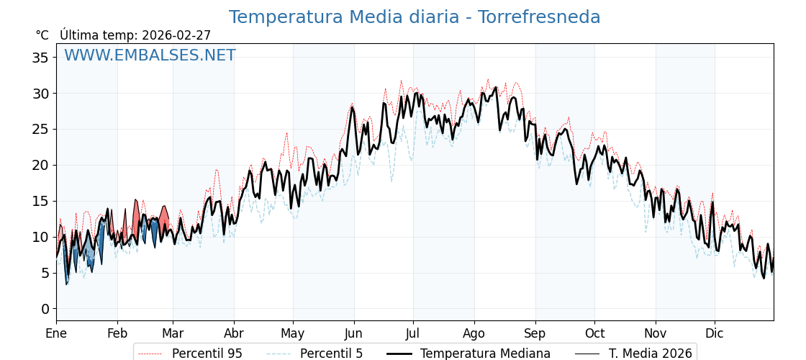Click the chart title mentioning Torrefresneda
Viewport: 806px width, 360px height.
tap(414, 17)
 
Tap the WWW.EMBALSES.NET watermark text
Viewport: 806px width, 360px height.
tap(150, 55)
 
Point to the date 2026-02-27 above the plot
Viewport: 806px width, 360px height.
tap(176, 35)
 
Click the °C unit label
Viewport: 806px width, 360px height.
tap(42, 35)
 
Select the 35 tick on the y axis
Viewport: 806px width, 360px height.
tap(40, 58)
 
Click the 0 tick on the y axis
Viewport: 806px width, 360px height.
tap(45, 309)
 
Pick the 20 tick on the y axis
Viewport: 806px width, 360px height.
tap(40, 165)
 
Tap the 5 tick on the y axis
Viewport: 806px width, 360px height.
tap(45, 273)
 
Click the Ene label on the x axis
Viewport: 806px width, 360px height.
tap(56, 333)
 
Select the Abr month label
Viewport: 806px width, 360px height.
tap(234, 333)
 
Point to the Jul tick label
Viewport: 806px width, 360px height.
tap(413, 333)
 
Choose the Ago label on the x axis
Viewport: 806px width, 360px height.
tap(474, 333)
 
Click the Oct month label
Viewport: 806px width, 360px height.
tap(594, 333)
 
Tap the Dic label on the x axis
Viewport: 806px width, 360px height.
tap(715, 333)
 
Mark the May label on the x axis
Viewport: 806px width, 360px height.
tap(293, 333)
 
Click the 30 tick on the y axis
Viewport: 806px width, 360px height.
tap(40, 94)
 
